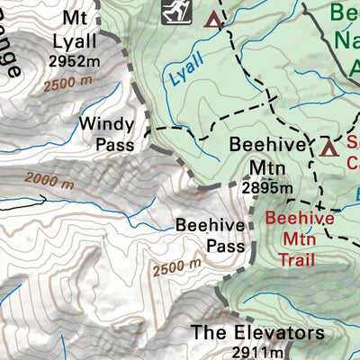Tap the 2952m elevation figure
[x=76, y=61]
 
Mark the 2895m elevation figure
[x=266, y=188]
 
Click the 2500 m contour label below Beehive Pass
[x=175, y=268]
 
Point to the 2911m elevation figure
[x=262, y=352]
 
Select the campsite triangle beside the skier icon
[x=213, y=19]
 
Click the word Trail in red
[x=300, y=259]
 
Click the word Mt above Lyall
[x=76, y=19]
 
